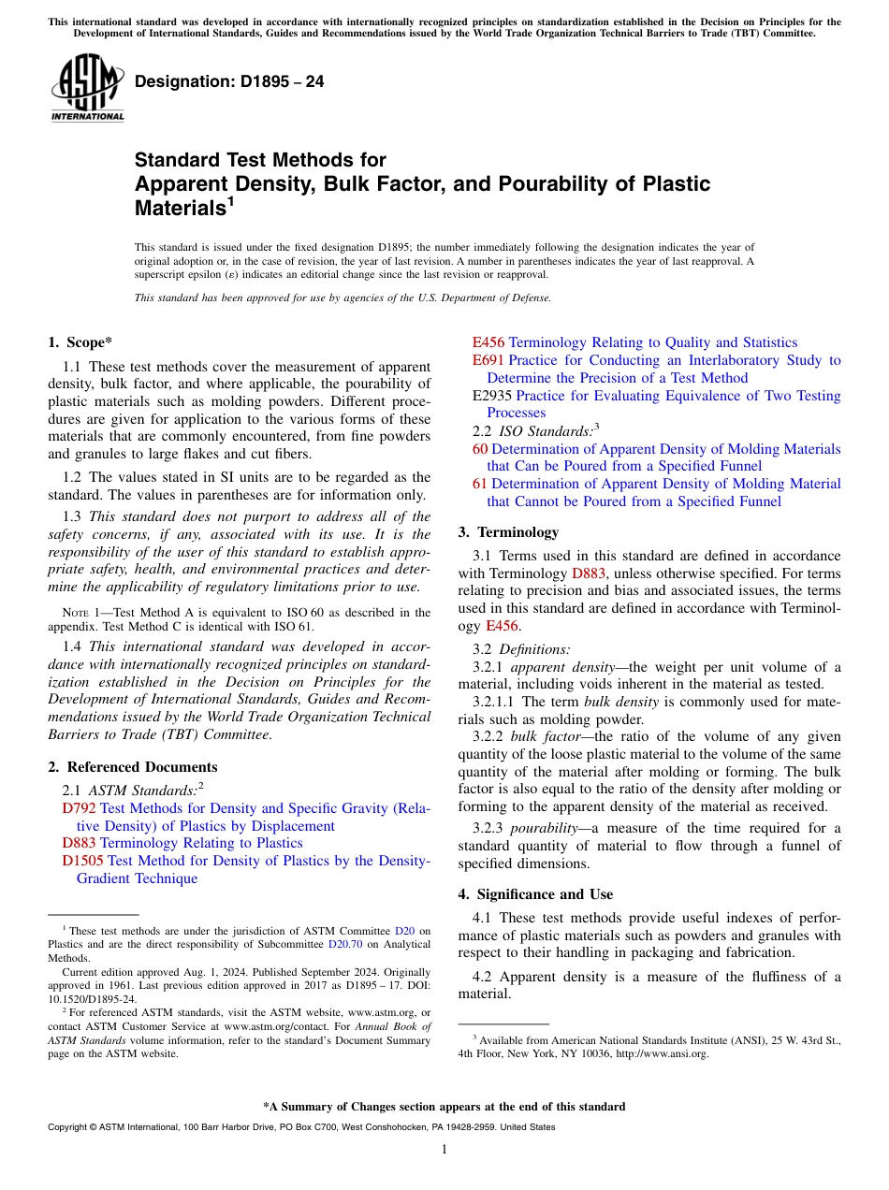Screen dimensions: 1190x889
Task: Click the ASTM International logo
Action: (87, 89)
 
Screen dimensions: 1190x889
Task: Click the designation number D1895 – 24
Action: (229, 82)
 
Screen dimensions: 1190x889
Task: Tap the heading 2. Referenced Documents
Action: (133, 767)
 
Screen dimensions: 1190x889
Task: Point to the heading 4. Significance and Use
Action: (535, 894)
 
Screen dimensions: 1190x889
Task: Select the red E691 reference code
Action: (488, 360)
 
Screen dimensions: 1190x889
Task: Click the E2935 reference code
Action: (492, 396)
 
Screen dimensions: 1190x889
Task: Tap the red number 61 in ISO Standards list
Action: (480, 484)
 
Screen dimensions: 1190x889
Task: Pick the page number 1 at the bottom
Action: (444, 1149)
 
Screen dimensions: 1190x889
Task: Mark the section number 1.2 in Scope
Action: (72, 477)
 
